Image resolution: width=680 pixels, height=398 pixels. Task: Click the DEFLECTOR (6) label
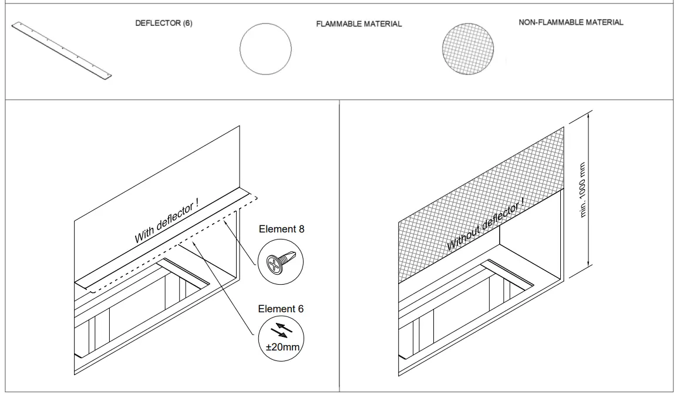click(164, 23)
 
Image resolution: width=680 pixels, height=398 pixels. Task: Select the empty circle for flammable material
click(265, 49)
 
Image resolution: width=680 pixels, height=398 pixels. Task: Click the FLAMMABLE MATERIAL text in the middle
click(359, 24)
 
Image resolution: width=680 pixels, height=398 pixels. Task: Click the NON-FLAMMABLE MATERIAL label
click(571, 22)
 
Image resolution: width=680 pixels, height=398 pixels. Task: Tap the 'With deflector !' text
click(167, 222)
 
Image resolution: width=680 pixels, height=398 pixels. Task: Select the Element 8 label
click(281, 230)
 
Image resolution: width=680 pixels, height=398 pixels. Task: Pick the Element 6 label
click(281, 309)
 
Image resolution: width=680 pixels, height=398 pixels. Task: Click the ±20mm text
click(282, 348)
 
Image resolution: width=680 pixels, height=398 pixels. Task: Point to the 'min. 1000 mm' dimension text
click(583, 189)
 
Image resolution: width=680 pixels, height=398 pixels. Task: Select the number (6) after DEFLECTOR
click(186, 23)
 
